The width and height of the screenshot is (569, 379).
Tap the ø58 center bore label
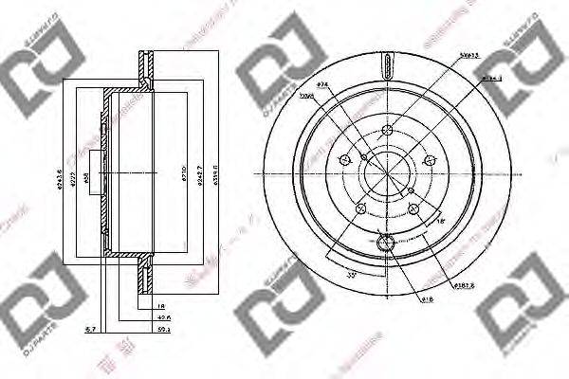pyautogui.click(x=86, y=177)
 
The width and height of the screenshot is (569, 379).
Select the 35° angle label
pyautogui.click(x=327, y=275)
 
